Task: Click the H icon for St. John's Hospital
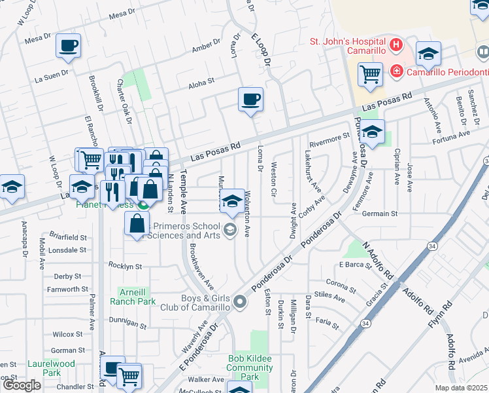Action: click(396, 45)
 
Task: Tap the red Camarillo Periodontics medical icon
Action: click(396, 71)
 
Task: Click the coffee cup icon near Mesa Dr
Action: click(68, 45)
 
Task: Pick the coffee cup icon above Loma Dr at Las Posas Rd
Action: click(250, 99)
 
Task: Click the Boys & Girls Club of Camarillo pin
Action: click(240, 302)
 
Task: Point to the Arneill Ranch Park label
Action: click(137, 297)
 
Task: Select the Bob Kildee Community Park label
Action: click(250, 367)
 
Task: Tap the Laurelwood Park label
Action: click(52, 367)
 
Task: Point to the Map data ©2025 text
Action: click(461, 388)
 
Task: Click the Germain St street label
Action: click(379, 214)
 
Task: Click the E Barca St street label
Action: click(355, 265)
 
